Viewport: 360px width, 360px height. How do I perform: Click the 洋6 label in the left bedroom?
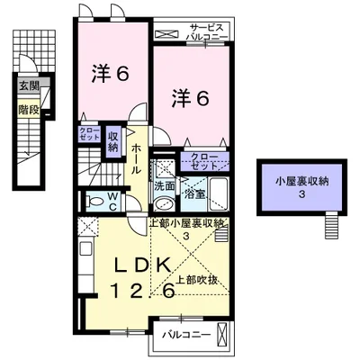pyautogui.click(x=111, y=75)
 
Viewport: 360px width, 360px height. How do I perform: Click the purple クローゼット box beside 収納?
pyautogui.click(x=88, y=135)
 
